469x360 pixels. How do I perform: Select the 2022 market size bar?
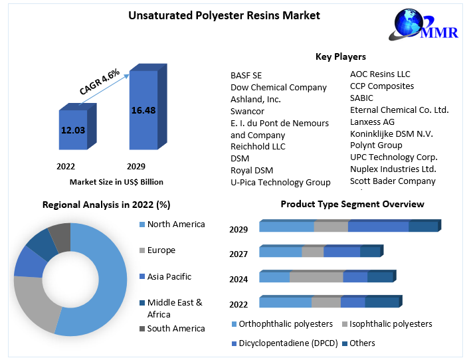73,131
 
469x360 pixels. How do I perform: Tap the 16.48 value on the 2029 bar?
143,110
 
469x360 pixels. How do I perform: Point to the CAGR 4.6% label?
100,82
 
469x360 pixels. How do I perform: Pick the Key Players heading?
340,56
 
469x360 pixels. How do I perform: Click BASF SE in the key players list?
246,75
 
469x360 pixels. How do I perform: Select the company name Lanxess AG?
372,122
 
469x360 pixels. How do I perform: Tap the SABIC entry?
361,98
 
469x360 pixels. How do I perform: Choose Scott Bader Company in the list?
393,181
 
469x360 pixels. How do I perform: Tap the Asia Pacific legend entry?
169,276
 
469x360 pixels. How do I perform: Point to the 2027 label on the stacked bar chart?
238,254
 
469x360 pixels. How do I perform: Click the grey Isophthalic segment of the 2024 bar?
316,277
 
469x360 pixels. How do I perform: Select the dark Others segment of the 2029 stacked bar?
422,226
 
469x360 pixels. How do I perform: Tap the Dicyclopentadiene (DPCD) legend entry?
285,343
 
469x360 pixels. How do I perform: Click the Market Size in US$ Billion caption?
116,181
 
